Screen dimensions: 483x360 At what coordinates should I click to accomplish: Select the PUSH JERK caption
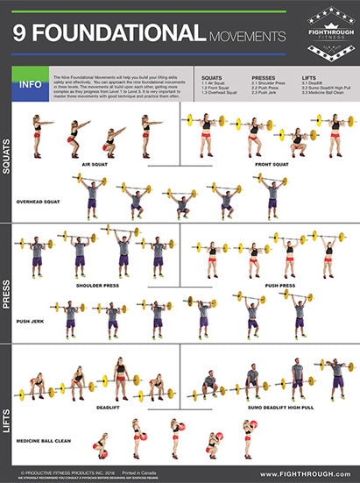[x=32, y=321]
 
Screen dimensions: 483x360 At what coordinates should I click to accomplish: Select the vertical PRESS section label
[x=7, y=285]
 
